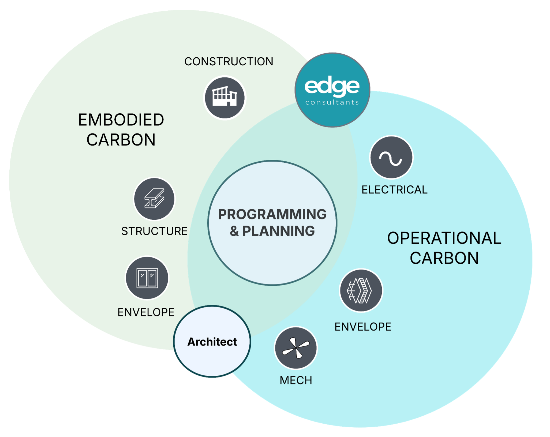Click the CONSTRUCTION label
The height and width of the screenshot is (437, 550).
[x=229, y=62]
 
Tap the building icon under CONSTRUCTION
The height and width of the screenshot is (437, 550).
[x=225, y=98]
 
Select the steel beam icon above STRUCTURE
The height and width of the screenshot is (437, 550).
[x=154, y=199]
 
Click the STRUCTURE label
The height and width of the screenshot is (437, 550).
[x=154, y=231]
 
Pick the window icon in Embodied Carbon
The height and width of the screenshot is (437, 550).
[x=147, y=278]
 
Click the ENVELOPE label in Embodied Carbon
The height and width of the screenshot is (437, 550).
[x=146, y=312]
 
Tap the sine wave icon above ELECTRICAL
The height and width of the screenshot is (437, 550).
[x=391, y=157]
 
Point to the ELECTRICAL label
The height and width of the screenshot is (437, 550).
[x=394, y=190]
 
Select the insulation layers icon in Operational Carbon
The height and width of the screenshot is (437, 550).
[x=361, y=290]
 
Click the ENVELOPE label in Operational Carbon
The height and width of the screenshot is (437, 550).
[x=363, y=327]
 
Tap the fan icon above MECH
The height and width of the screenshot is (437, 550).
[x=296, y=348]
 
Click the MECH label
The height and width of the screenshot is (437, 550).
[x=296, y=380]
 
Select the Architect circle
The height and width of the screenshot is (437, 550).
[x=212, y=341]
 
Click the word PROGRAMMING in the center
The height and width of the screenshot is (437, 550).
[x=272, y=214]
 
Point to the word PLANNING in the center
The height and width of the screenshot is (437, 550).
[x=279, y=231]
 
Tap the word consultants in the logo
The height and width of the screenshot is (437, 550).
[x=332, y=102]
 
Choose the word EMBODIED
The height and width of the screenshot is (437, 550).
[x=121, y=120]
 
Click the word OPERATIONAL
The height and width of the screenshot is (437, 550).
[x=444, y=238]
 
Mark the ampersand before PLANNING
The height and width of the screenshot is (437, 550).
[x=234, y=231]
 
